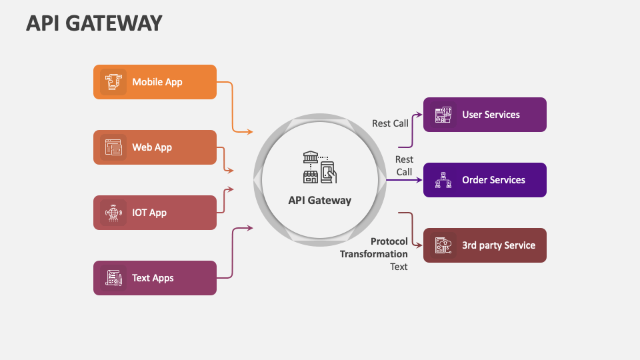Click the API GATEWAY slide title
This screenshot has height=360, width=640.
tap(94, 23)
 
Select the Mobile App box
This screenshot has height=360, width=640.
tap(155, 82)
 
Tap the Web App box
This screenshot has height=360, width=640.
tap(155, 147)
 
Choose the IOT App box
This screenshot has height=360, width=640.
tap(155, 213)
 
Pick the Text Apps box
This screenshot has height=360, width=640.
tap(155, 278)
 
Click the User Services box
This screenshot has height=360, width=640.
tap(485, 115)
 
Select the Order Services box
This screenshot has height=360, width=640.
tap(485, 180)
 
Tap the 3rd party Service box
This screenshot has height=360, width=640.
tap(485, 245)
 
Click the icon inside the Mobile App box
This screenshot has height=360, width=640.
tap(113, 82)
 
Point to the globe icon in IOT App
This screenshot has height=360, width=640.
tap(113, 213)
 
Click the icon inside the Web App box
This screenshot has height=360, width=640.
tap(113, 147)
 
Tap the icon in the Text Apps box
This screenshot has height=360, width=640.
tap(113, 278)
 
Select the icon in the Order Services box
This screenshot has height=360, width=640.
tap(443, 180)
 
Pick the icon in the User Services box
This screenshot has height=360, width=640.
tap(443, 115)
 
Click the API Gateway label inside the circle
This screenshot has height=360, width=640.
tap(319, 201)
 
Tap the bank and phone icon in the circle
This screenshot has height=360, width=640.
tap(319, 167)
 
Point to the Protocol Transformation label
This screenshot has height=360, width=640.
tap(374, 248)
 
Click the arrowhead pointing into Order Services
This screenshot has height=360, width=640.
tap(419, 180)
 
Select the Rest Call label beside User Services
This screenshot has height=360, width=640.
tap(390, 123)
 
